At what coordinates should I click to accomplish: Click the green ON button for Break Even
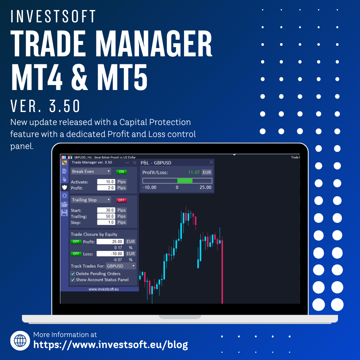tap(121, 172)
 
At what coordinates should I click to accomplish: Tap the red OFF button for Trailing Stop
tap(121, 200)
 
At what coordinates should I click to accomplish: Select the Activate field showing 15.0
tap(106, 182)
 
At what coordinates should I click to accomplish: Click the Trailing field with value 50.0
tap(106, 216)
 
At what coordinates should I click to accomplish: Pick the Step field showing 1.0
tap(106, 222)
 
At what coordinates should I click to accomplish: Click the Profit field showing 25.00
tap(110, 242)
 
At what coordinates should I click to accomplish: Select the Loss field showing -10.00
tap(110, 254)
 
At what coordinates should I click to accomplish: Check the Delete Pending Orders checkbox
tap(73, 274)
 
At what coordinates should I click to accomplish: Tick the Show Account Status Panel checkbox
tap(73, 280)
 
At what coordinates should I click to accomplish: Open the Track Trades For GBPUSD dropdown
tap(121, 266)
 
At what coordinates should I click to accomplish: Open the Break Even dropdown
tap(91, 171)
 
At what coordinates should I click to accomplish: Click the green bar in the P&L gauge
tap(185, 181)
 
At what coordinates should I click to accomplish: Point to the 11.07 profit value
tap(194, 172)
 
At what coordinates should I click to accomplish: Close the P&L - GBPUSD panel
tap(211, 162)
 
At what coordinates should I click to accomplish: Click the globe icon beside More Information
tap(20, 340)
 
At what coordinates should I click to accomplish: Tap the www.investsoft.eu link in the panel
tap(104, 289)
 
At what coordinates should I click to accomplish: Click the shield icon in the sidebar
tap(65, 187)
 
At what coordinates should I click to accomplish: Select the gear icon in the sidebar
tap(65, 196)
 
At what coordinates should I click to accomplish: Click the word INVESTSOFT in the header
tap(53, 16)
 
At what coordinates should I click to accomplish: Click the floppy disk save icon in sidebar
tap(65, 213)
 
